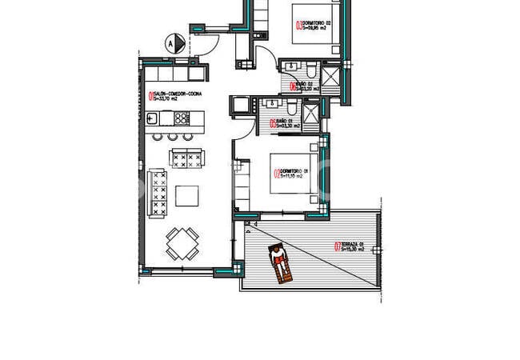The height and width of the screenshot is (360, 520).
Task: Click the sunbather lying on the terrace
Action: (279, 263)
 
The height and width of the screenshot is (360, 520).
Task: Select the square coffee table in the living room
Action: (188, 196)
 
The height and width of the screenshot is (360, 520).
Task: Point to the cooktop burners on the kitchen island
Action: (182, 119)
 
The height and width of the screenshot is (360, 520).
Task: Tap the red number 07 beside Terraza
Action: (338, 246)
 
